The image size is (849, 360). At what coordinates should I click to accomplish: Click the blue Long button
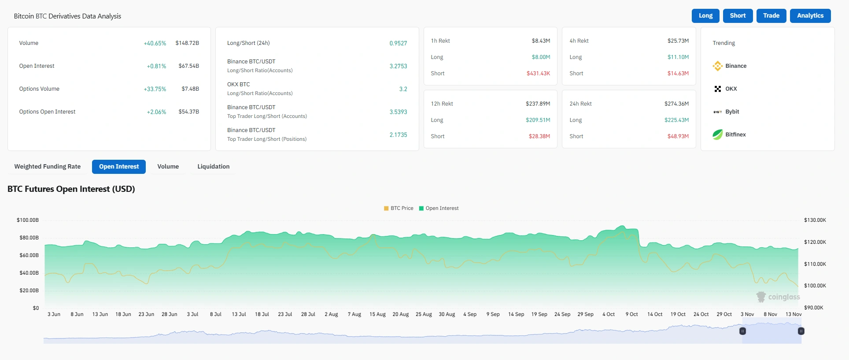point(705,16)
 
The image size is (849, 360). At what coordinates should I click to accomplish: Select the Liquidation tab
point(213,167)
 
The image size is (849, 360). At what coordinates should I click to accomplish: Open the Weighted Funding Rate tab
point(48,167)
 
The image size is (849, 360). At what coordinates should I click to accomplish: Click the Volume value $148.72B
point(187,43)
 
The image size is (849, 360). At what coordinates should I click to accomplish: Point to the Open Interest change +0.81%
point(156,66)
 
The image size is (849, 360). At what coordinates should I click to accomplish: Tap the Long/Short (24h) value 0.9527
point(398,43)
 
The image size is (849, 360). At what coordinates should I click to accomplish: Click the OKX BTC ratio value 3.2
point(403,89)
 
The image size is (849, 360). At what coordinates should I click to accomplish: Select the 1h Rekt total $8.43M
point(541,41)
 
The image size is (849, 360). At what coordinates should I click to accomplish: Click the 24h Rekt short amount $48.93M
point(678,136)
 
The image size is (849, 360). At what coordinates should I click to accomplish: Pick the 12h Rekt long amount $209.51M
point(538,120)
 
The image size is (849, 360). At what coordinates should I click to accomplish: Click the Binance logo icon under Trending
point(717,66)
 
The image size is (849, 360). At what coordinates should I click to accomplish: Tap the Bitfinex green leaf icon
point(717,135)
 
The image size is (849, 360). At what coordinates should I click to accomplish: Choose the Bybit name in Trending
point(732,112)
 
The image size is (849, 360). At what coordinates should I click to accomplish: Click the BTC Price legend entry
point(399,208)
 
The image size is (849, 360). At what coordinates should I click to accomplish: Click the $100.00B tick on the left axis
point(28,220)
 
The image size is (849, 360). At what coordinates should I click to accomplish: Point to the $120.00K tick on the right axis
point(815,242)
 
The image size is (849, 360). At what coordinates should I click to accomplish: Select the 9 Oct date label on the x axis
point(631,314)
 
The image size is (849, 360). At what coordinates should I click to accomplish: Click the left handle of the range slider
point(742,331)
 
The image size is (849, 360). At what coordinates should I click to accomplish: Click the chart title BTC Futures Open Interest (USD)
point(71,189)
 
